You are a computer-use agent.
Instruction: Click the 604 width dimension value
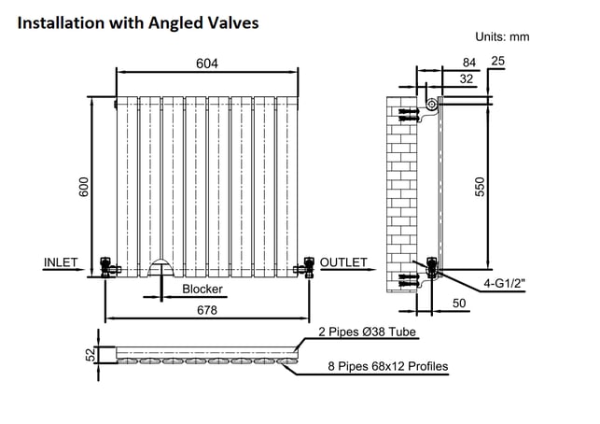point(207,64)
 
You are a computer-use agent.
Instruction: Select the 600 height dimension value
point(83,187)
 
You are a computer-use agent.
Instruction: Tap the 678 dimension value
point(207,310)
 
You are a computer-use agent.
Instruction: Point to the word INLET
point(61,262)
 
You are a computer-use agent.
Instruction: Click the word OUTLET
point(343,262)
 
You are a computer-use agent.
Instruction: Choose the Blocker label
point(202,289)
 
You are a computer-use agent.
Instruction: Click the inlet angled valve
point(108,267)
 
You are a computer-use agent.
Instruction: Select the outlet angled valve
point(305,267)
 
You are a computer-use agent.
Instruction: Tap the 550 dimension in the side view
point(480,187)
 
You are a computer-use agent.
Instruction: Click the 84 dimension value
point(469,63)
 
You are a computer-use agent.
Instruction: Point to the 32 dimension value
point(467,78)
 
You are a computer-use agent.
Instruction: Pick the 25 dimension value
point(498,61)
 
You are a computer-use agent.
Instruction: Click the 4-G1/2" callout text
point(504,283)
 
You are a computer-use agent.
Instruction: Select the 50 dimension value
point(459,303)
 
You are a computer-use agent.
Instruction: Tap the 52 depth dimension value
point(91,354)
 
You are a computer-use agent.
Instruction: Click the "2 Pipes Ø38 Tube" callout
point(368,332)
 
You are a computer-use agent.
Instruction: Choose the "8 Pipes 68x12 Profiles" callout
point(388,366)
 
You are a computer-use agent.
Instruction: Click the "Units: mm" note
point(502,36)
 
